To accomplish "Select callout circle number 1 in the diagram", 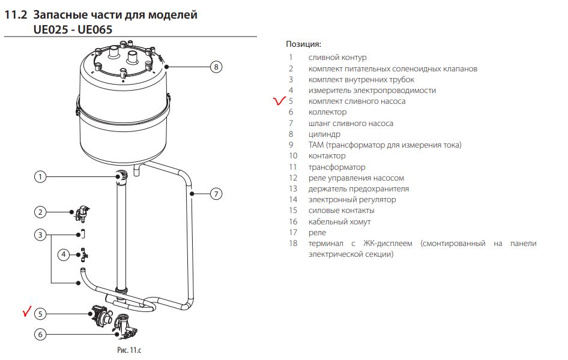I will [40, 176].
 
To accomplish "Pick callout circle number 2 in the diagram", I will [40, 212].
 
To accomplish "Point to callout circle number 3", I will [40, 235].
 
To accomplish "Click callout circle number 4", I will [64, 255].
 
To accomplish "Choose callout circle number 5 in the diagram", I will [40, 313].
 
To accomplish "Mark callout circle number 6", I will [40, 334].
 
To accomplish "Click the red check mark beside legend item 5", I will [279, 101].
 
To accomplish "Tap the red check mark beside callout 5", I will [25, 311].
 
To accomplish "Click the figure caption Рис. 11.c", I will [128, 349].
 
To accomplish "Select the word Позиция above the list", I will [303, 44].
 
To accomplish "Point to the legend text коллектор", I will [327, 112].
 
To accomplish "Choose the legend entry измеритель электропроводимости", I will [372, 91].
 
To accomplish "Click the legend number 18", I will [293, 244].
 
